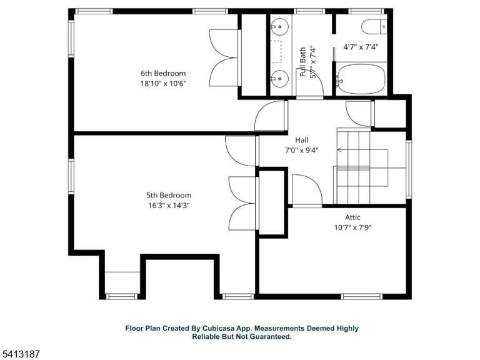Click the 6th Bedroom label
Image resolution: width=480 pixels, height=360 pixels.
163,74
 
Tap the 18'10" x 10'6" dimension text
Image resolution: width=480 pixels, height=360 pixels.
163,84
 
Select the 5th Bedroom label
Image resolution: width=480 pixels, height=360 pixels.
169,195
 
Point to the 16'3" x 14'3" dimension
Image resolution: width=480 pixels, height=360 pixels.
169,206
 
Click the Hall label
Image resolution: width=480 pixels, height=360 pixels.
302,140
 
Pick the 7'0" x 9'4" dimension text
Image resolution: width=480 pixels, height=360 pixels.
302,150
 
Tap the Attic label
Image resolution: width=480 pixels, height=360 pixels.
352,217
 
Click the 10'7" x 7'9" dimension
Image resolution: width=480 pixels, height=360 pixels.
352,227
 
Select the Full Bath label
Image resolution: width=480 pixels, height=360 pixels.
302,62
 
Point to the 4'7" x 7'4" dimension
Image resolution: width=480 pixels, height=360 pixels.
361,47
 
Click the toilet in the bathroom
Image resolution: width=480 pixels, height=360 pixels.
374,27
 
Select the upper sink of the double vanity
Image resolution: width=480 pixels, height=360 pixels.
279,27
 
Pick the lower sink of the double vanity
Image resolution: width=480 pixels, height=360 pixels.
279,79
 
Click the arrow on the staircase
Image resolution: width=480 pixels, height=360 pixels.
362,150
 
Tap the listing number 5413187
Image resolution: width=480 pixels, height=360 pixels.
20,354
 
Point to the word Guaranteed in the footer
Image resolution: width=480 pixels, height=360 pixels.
270,337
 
